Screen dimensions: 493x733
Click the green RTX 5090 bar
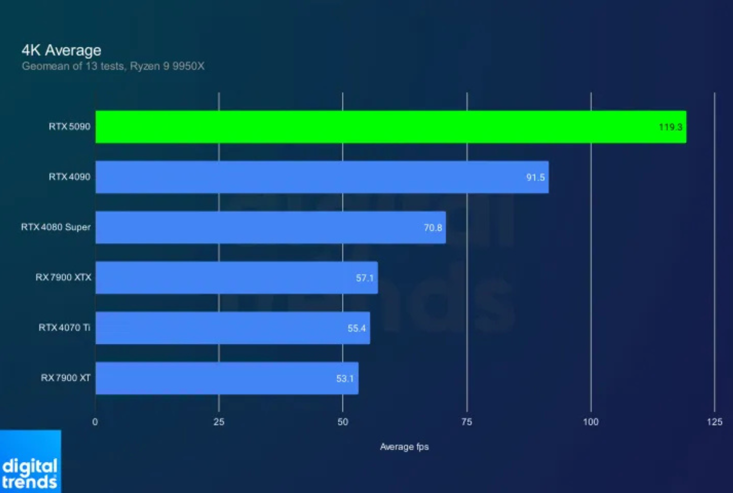(x=390, y=127)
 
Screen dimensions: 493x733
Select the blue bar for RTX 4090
(x=322, y=177)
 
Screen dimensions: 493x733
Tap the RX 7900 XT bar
(x=227, y=378)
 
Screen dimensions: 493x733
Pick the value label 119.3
(x=670, y=127)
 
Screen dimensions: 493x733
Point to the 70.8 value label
(x=433, y=228)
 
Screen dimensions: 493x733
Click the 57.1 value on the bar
(x=365, y=278)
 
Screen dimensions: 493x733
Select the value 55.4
(x=356, y=328)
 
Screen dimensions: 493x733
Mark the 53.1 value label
(x=345, y=378)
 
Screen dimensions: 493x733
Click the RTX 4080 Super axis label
(x=56, y=227)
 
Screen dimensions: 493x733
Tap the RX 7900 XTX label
(x=63, y=278)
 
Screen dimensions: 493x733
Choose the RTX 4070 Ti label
(x=64, y=328)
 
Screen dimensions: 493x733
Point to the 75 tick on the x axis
(x=466, y=422)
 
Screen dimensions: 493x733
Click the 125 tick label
(x=714, y=422)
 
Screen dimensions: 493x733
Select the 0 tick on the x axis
(x=95, y=422)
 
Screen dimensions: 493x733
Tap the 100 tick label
(x=591, y=422)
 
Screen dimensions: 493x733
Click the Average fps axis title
(x=404, y=447)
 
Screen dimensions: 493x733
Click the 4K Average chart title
(x=61, y=50)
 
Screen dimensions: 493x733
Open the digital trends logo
(x=30, y=472)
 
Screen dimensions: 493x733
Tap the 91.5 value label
(x=535, y=178)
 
